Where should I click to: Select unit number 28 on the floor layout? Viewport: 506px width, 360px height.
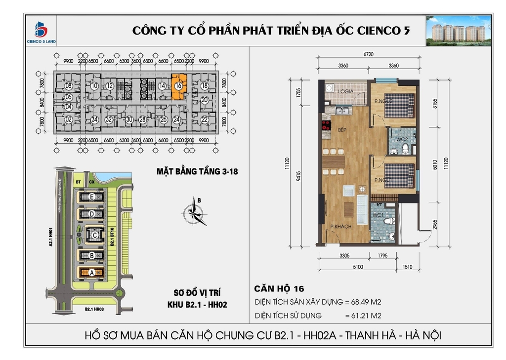142,119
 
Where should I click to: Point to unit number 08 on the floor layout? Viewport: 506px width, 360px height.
69,85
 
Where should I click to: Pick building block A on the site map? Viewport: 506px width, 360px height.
91,272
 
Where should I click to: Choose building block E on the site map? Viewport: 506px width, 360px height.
92,197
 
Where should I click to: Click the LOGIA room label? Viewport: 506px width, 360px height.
345,91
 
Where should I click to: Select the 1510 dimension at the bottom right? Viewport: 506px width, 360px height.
407,267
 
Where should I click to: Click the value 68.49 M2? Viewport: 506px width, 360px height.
365,302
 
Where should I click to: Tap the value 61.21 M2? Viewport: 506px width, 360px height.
365,315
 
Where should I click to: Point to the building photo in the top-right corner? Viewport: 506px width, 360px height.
458,31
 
